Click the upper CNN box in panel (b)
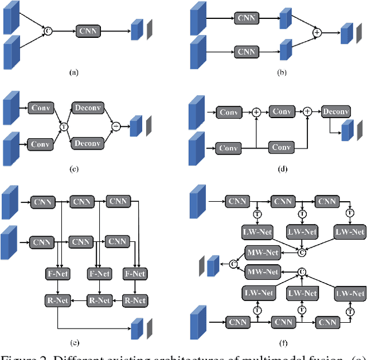[x=246, y=19]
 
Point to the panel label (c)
[x=73, y=169]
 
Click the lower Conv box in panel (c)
[x=40, y=144]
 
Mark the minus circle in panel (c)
[x=116, y=126]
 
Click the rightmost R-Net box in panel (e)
[x=135, y=300]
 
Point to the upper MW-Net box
[x=262, y=253]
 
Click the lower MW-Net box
[x=262, y=271]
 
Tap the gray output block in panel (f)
[x=201, y=267]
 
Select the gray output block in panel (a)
[x=150, y=29]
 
